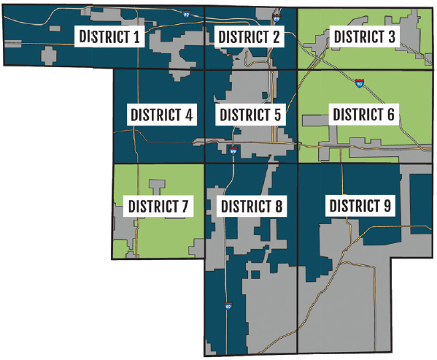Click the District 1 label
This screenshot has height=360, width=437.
click(109, 37)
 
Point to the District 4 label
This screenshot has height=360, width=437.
click(162, 115)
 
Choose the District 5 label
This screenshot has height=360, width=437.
click(250, 115)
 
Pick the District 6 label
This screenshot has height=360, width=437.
click(363, 115)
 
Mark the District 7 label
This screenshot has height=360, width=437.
click(158, 206)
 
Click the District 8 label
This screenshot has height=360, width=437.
click(250, 206)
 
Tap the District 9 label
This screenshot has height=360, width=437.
click(360, 206)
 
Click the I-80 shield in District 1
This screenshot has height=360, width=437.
click(187, 13)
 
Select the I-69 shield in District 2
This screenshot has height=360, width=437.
click(276, 15)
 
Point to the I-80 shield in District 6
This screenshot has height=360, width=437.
click(360, 84)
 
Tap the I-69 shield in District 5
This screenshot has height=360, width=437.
click(233, 150)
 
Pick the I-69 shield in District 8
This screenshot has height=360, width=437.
click(228, 307)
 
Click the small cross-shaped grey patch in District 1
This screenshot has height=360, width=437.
click(50, 55)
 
